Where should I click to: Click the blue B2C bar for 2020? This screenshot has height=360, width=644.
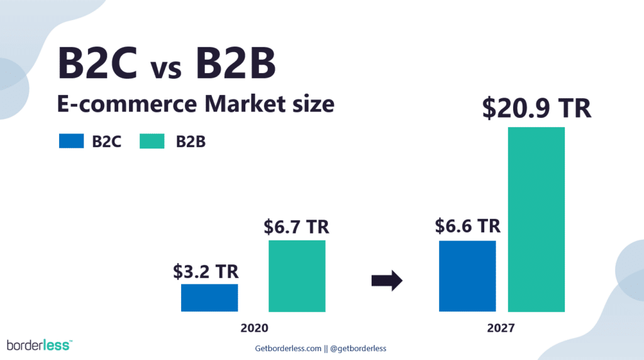coord(209,298)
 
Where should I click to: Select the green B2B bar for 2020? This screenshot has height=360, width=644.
coord(297,276)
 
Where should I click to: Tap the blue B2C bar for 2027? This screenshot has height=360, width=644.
coord(467,276)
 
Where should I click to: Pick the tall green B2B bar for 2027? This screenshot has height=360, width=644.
coord(536,220)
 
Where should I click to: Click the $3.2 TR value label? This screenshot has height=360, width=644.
coord(206,272)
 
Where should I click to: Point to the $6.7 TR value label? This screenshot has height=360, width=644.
coord(297,227)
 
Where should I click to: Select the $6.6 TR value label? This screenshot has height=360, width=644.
coord(468,226)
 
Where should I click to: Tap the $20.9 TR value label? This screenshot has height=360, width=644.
coord(537,108)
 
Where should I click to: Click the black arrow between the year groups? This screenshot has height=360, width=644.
coord(387,281)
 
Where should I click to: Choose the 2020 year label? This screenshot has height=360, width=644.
coord(254,328)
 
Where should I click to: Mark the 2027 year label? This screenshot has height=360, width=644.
coord(501,328)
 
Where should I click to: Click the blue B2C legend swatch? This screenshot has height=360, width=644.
coord(72,141)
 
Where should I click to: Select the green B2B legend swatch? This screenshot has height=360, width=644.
coord(152,141)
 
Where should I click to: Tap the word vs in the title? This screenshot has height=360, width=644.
coord(166,69)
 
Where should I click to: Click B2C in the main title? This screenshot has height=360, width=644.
coord(97,63)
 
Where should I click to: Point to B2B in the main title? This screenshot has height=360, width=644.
coord(235,63)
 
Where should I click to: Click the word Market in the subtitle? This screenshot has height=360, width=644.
coord(245,104)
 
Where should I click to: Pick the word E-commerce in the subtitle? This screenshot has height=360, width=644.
coord(127,104)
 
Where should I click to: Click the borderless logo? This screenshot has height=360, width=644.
coord(40,345)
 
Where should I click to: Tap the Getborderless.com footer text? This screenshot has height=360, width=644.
coord(288,349)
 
